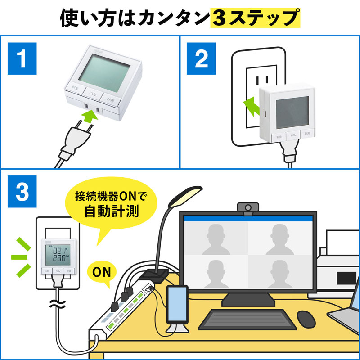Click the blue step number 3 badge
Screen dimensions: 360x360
point(22,192)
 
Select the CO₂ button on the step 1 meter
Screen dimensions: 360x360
point(93,94)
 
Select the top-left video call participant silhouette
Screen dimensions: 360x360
point(216,236)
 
